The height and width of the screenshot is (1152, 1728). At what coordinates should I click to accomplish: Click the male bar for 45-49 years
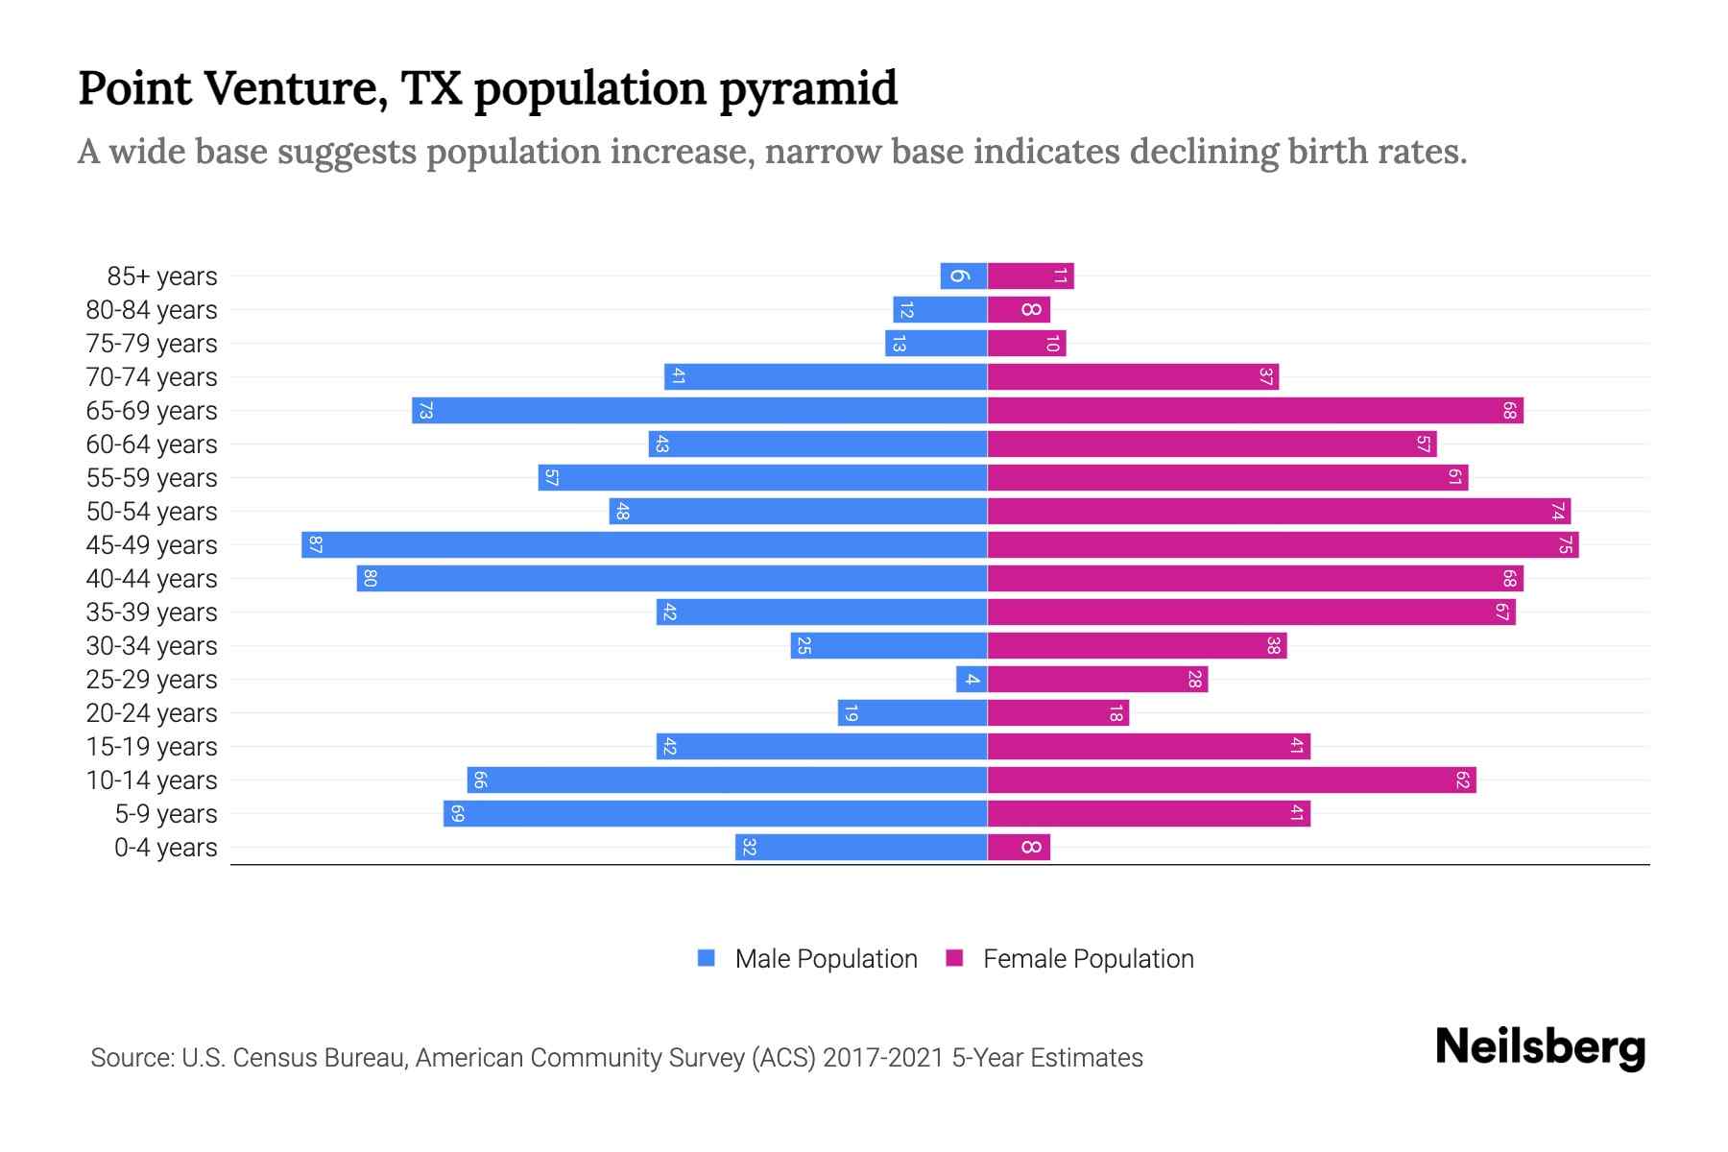(644, 545)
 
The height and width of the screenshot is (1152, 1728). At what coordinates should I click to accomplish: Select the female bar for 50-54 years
(1279, 512)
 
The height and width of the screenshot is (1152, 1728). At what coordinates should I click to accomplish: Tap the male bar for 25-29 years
(972, 680)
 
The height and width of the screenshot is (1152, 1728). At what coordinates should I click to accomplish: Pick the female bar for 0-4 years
(1019, 848)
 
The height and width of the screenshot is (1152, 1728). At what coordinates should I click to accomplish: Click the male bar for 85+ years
(964, 276)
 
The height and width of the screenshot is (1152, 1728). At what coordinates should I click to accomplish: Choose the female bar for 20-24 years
(1058, 713)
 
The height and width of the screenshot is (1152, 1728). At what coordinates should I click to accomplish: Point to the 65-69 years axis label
(152, 411)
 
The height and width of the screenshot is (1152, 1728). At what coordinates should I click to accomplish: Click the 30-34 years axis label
(152, 646)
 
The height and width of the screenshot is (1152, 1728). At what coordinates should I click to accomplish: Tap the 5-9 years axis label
(165, 814)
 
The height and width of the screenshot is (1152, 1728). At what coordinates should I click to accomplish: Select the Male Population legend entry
(826, 959)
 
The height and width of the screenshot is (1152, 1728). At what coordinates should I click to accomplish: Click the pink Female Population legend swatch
(954, 958)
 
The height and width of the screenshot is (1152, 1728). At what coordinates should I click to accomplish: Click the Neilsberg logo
(1540, 1047)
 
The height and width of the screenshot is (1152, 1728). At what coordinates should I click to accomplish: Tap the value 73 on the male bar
(426, 411)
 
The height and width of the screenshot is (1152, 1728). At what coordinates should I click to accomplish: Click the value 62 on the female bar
(1462, 780)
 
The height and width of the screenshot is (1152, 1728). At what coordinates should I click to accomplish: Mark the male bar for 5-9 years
(715, 814)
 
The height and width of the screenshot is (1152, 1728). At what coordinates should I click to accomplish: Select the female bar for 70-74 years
(1133, 377)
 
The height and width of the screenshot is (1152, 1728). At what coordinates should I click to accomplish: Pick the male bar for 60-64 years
(818, 444)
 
